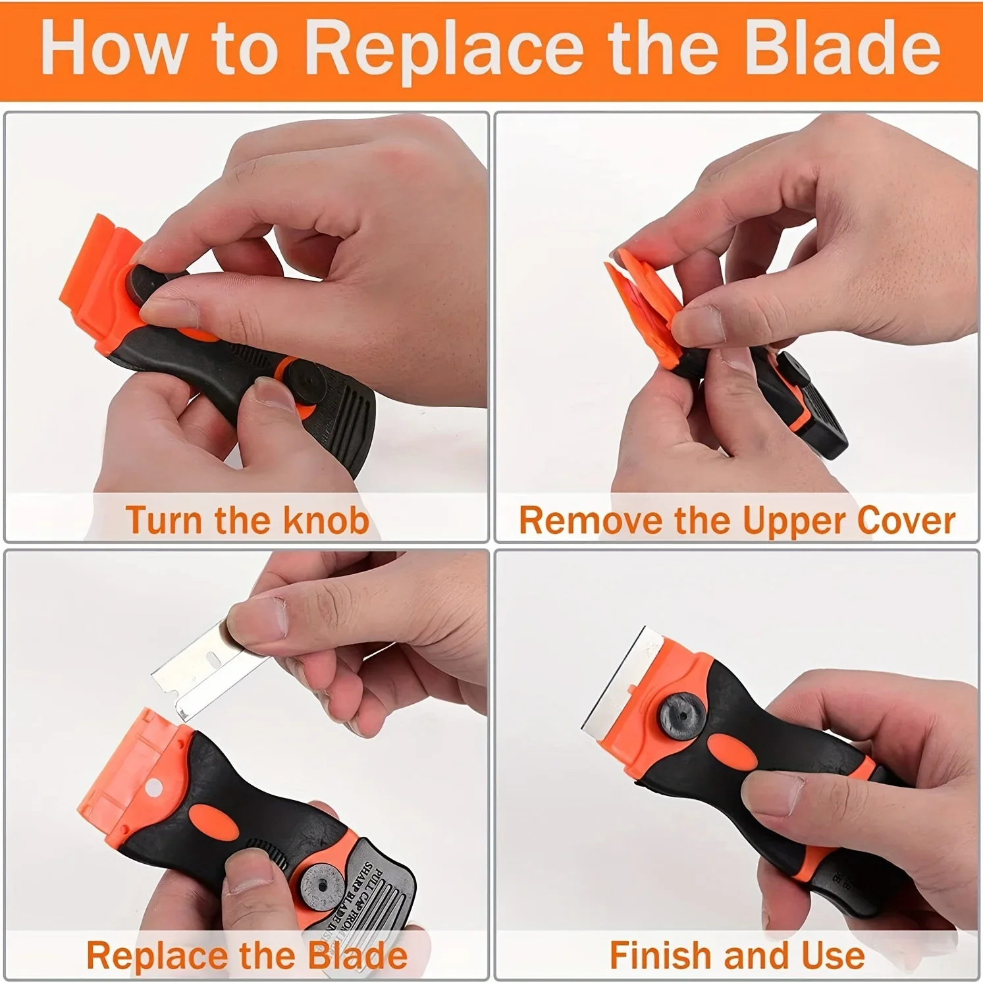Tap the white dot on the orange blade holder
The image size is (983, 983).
[155, 787]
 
